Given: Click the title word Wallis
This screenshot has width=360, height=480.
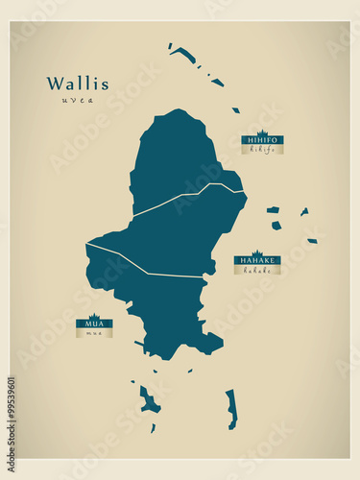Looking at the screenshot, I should tap(78, 84).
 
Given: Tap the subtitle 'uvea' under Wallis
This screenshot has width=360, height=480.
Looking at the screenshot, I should tap(78, 100).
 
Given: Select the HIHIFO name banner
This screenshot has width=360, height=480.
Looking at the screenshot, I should tap(262, 140).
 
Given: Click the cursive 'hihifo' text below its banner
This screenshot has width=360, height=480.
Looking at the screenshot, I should tap(262, 150).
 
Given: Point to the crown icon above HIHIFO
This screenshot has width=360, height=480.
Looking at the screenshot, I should tap(262, 132).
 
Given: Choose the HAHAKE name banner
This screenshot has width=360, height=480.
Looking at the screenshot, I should tap(257, 260).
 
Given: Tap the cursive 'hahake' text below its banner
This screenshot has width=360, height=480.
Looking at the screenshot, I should tap(257, 270).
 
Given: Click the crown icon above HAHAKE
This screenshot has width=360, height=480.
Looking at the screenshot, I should tap(257, 252).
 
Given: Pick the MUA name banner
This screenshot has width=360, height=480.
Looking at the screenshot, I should tap(94, 324).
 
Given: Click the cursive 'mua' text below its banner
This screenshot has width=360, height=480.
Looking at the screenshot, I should tap(94, 334).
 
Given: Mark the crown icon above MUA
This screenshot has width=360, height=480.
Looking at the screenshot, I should tap(94, 317).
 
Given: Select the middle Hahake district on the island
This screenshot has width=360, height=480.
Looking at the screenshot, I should tap(182, 230).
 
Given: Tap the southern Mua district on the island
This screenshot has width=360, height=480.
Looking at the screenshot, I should tap(163, 307).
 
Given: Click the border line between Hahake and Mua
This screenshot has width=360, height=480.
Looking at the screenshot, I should tap(144, 266).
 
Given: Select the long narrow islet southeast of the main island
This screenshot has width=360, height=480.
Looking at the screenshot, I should tap(231, 409).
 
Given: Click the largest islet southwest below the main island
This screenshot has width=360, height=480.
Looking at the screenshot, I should tap(149, 400).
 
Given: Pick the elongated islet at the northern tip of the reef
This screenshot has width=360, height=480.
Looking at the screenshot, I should tap(184, 55).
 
